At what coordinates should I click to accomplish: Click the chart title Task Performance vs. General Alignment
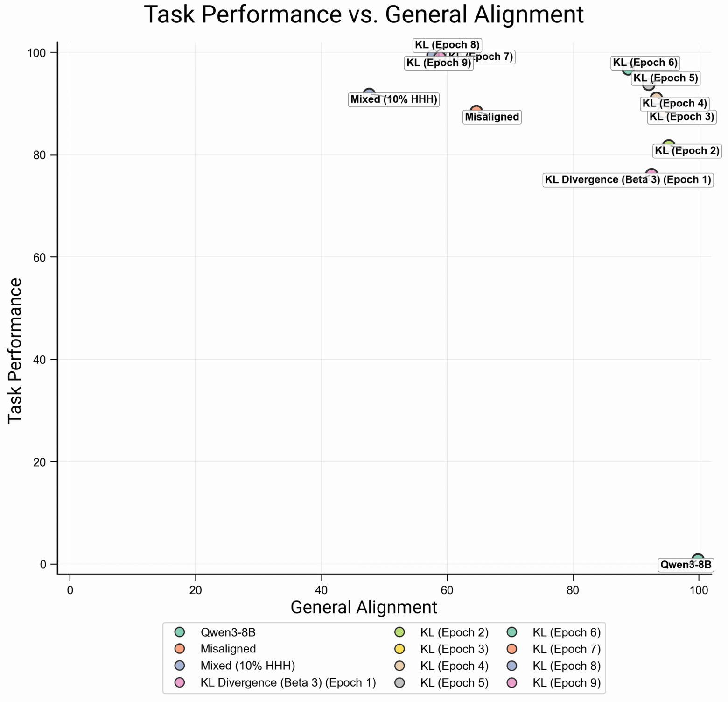click(364, 14)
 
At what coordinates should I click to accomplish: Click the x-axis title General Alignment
click(364, 607)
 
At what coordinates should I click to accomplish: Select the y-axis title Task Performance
click(15, 350)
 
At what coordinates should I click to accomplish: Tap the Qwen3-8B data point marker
click(698, 560)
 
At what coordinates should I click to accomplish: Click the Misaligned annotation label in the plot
click(492, 117)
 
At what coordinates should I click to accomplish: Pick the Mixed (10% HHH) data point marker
click(369, 94)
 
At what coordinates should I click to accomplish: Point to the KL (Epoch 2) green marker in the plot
click(668, 146)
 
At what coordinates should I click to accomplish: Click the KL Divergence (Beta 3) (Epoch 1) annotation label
click(628, 180)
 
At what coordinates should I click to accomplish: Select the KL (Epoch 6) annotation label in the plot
click(645, 63)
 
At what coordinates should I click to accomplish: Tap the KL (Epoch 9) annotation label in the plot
click(439, 63)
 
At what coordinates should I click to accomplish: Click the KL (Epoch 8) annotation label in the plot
click(447, 45)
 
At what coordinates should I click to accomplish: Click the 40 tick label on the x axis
click(321, 590)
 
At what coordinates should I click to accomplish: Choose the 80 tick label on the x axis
click(573, 590)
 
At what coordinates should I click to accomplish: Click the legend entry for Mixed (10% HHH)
click(247, 666)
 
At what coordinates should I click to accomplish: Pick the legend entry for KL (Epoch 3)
click(454, 649)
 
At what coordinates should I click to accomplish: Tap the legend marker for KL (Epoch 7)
click(512, 649)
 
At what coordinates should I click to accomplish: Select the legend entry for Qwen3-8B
click(228, 633)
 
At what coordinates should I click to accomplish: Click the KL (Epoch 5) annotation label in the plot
click(665, 78)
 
